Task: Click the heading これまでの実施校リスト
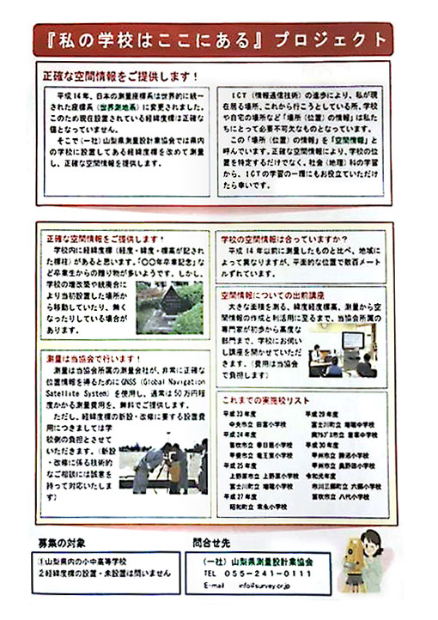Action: [266, 400]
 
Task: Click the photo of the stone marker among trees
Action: [169, 307]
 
